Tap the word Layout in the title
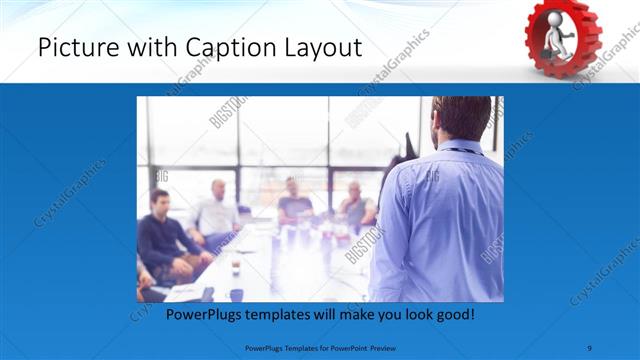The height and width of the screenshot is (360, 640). pos(322,46)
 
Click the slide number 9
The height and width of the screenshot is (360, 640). pos(589,346)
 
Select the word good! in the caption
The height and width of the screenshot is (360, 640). pos(452,315)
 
